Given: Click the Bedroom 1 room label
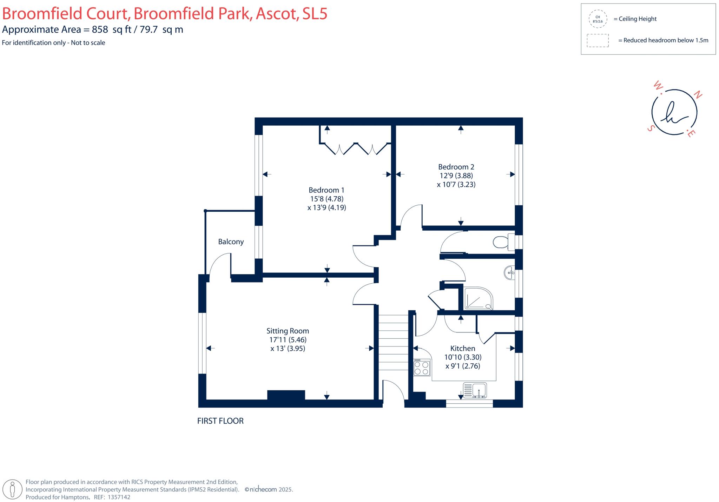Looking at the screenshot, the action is click(326, 190).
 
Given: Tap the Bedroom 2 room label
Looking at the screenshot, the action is click(456, 167).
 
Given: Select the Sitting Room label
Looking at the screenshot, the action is click(288, 331).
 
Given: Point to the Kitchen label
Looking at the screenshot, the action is click(463, 348).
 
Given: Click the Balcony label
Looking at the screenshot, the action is click(231, 242).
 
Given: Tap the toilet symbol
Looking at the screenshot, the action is click(503, 242).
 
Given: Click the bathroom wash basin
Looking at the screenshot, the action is click(509, 272).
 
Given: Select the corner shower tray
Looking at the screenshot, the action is click(479, 298).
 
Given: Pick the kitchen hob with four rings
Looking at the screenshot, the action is click(422, 367).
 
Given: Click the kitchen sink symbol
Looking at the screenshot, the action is click(475, 390).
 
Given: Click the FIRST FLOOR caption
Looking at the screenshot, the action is click(220, 421).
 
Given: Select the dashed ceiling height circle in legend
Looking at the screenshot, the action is click(598, 19).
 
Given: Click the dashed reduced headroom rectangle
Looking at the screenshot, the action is click(598, 40).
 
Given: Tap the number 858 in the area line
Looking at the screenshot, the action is click(100, 29).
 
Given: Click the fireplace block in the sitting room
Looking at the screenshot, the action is click(286, 395).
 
